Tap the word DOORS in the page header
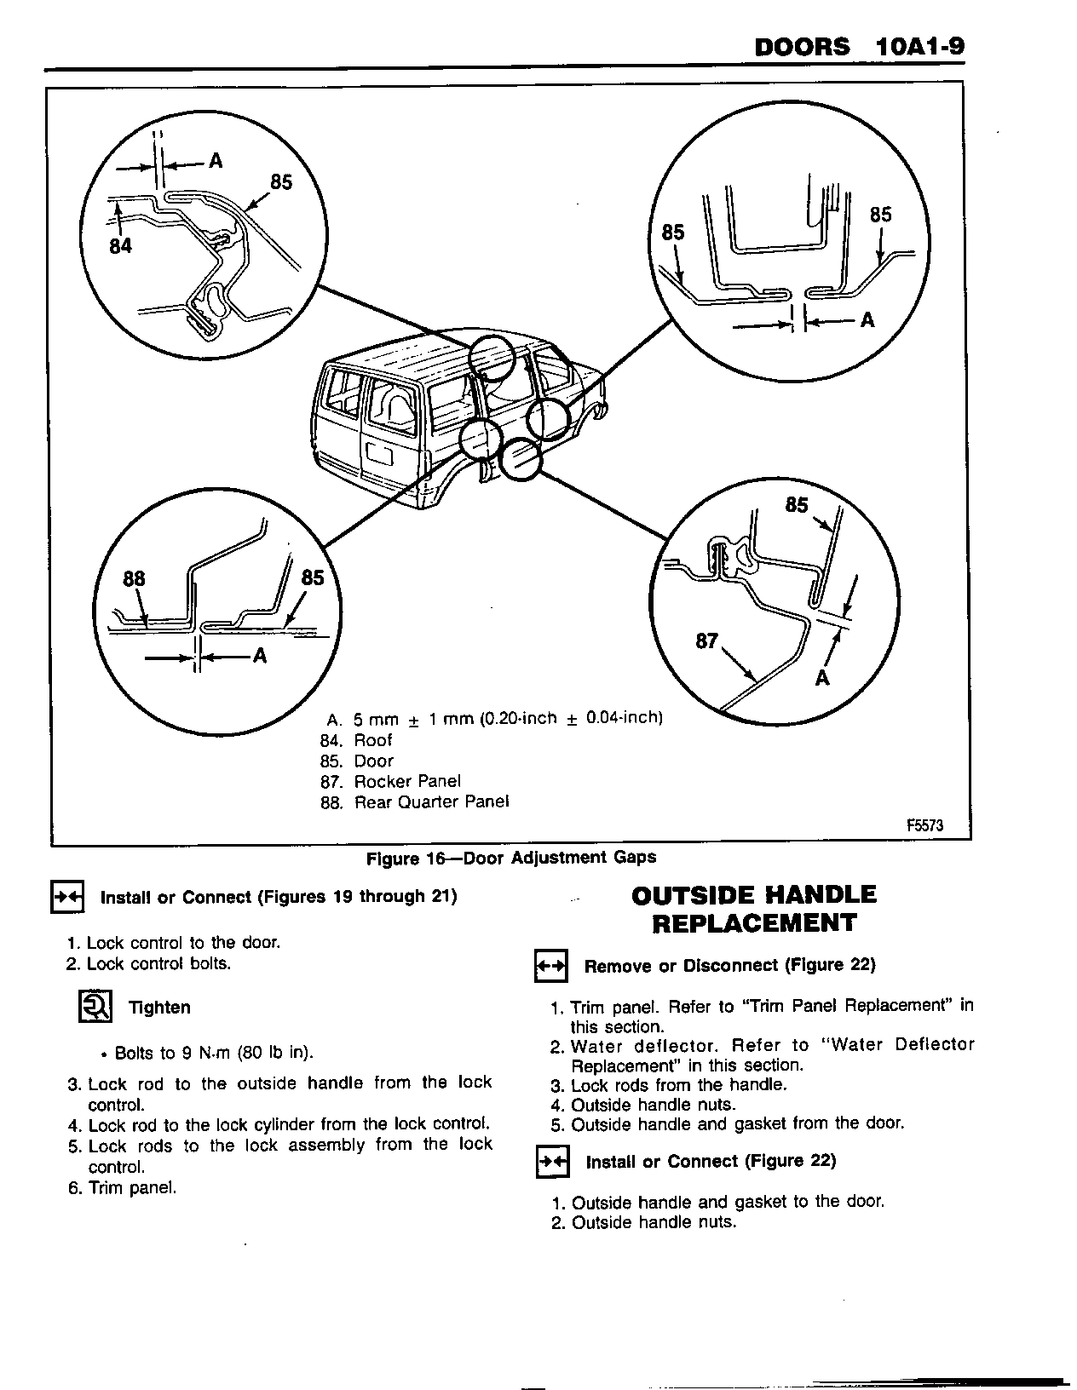[x=802, y=46]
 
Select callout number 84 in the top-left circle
[x=121, y=247]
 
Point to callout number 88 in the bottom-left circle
[x=134, y=579]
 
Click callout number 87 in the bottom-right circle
[x=706, y=640]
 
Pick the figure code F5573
[x=924, y=824]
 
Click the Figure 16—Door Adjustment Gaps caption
[x=511, y=858]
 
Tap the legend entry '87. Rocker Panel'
[x=390, y=781]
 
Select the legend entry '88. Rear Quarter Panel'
[x=414, y=801]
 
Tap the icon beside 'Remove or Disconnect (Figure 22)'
[x=550, y=967]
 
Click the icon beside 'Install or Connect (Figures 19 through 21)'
[x=67, y=898]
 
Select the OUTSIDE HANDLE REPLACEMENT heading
[x=754, y=909]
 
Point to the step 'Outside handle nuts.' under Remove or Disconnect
[x=653, y=1106]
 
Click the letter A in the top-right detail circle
[x=867, y=320]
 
